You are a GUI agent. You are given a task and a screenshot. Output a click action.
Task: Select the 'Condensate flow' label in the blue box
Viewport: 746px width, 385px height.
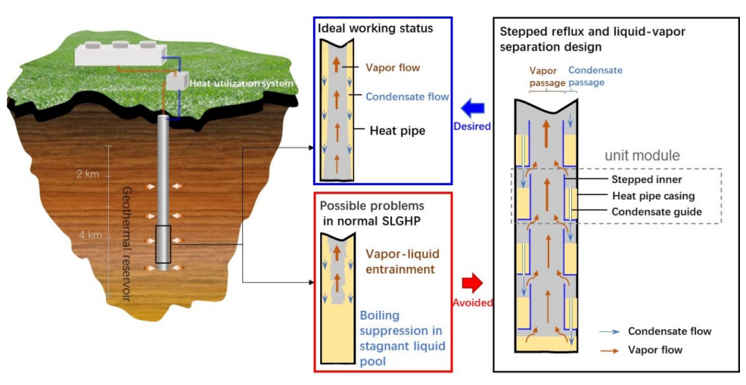coord(407,97)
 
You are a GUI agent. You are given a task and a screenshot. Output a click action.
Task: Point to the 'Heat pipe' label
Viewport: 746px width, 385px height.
coord(397,131)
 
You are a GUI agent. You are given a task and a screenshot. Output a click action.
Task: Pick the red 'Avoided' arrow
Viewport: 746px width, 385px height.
coord(471,284)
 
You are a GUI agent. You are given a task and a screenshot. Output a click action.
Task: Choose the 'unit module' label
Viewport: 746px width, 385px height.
coord(642,156)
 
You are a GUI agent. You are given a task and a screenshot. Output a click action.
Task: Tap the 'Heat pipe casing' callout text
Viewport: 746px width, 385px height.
coord(652,196)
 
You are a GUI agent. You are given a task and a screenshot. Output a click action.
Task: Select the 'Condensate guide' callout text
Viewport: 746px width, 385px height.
coord(656,212)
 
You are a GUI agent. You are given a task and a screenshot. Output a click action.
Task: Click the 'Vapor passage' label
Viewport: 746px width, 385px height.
coord(546,76)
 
